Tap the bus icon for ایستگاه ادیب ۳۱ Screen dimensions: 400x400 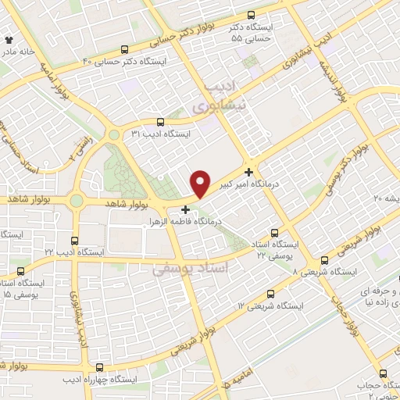160,122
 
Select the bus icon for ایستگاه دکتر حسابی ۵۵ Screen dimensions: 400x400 250,16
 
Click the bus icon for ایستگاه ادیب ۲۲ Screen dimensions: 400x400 74,241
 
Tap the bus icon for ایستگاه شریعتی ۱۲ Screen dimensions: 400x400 270,294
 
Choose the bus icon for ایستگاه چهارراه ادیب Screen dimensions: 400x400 98,367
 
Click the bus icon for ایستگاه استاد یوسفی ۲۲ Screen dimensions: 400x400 273,233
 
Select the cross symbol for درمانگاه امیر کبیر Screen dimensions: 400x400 249,171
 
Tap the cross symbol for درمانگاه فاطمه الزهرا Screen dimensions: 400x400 185,209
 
